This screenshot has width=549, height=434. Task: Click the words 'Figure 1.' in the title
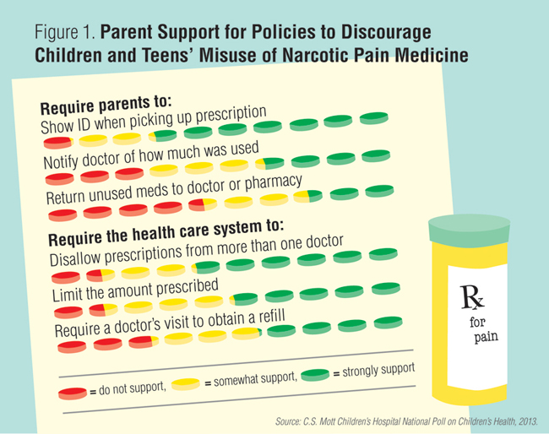(66, 33)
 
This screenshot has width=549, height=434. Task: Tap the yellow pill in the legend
(186, 384)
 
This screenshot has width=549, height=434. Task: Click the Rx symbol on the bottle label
(470, 296)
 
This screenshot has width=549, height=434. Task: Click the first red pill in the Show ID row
(58, 144)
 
